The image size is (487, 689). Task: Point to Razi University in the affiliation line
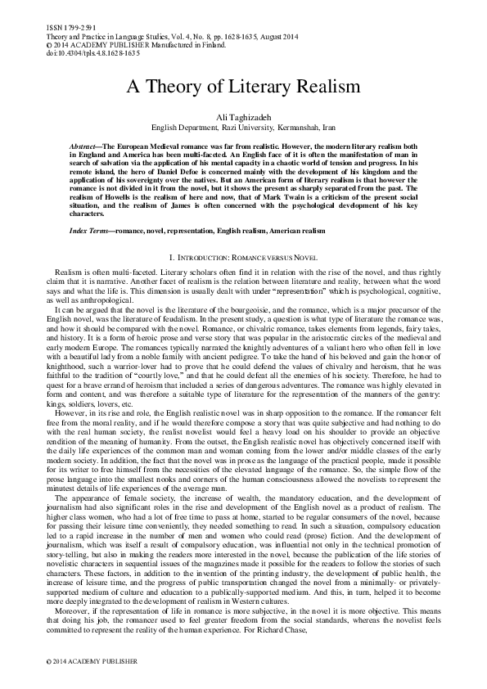(238, 128)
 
